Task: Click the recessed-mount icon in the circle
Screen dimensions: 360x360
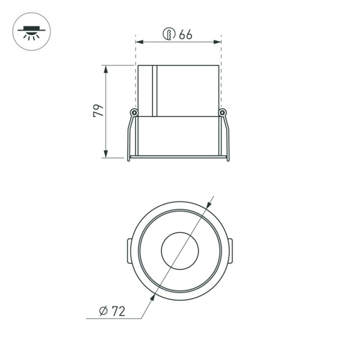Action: point(31,31)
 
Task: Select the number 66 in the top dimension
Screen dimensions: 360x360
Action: point(185,34)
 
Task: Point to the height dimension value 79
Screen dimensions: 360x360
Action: point(98,110)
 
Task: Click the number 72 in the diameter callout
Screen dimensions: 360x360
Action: point(119,311)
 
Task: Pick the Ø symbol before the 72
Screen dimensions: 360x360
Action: point(103,311)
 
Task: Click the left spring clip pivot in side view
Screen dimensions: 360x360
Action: point(134,112)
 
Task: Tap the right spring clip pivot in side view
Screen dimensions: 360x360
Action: point(222,112)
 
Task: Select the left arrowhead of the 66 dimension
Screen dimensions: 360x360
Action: point(139,42)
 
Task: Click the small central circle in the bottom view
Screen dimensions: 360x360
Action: point(179,251)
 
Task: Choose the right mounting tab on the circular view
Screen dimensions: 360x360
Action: point(231,250)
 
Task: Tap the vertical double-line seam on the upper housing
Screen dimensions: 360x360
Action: point(154,90)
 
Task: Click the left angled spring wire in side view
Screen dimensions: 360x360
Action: point(129,137)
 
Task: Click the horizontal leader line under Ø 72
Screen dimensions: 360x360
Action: point(114,319)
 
